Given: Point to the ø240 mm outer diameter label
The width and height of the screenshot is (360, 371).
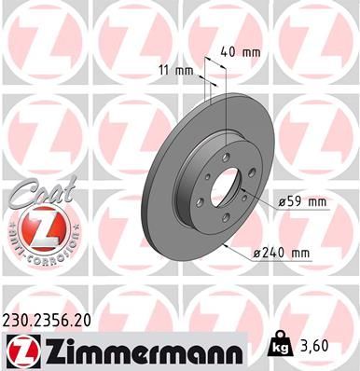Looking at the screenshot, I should click(x=284, y=253).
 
